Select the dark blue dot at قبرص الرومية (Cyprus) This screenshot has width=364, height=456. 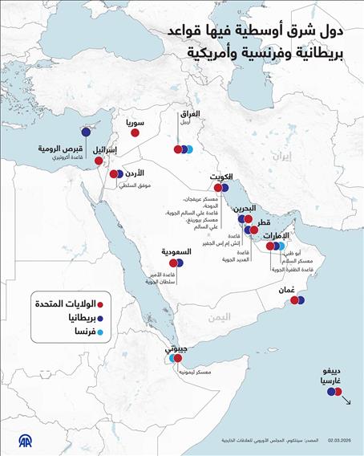click(x=83, y=134)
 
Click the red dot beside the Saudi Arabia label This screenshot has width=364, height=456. click(x=170, y=263)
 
